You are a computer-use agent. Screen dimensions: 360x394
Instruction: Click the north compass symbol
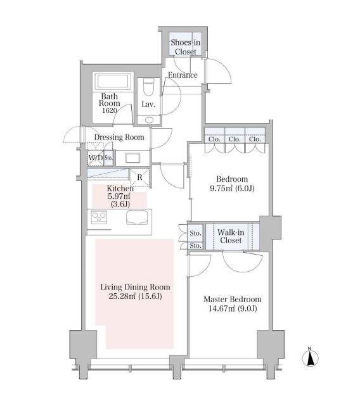pyautogui.click(x=310, y=357)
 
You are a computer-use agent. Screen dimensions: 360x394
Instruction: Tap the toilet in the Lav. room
pyautogui.click(x=148, y=87)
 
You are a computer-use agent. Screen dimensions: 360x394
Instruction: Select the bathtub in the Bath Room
pyautogui.click(x=113, y=81)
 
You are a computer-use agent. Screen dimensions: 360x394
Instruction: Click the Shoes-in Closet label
pyautogui.click(x=186, y=47)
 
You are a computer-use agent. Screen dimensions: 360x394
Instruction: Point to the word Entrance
pyautogui.click(x=183, y=75)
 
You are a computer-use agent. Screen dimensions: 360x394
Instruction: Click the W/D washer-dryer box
pyautogui.click(x=96, y=158)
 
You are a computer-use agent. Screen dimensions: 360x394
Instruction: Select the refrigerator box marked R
pyautogui.click(x=140, y=177)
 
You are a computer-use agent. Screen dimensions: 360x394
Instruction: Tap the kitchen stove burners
pyautogui.click(x=99, y=217)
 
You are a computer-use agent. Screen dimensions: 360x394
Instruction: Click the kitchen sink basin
pyautogui.click(x=137, y=217)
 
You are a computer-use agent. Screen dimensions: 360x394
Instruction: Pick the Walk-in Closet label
pyautogui.click(x=231, y=236)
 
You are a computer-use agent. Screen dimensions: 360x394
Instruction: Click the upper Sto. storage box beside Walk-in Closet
pyautogui.click(x=195, y=233)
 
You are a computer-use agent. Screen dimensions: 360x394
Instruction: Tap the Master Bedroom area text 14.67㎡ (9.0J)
pyautogui.click(x=233, y=308)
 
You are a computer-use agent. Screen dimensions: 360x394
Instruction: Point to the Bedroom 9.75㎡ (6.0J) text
pyautogui.click(x=232, y=184)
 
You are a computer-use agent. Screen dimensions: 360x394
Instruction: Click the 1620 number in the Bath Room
pyautogui.click(x=110, y=111)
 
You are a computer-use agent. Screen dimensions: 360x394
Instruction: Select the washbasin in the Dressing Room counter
pyautogui.click(x=132, y=158)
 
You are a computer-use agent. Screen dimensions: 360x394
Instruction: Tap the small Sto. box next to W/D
pyautogui.click(x=108, y=158)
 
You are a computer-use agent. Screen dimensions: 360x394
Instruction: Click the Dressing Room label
pyautogui.click(x=119, y=137)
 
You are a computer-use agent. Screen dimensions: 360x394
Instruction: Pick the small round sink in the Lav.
pyautogui.click(x=149, y=120)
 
